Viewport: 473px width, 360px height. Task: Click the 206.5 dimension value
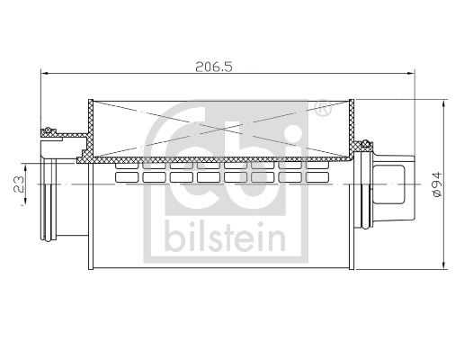click(214, 67)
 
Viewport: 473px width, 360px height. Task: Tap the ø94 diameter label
click(437, 184)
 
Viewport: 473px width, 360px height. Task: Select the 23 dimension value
click(19, 184)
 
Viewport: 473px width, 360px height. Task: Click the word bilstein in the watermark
click(225, 238)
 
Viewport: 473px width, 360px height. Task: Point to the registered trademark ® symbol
click(323, 107)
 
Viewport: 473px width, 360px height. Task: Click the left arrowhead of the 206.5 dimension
click(45, 73)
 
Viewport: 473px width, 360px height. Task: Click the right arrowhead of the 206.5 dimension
click(411, 73)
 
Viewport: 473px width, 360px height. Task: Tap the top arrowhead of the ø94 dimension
click(443, 104)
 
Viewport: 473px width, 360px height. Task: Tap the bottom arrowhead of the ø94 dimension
click(443, 265)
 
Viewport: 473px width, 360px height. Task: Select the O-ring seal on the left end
click(48, 131)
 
